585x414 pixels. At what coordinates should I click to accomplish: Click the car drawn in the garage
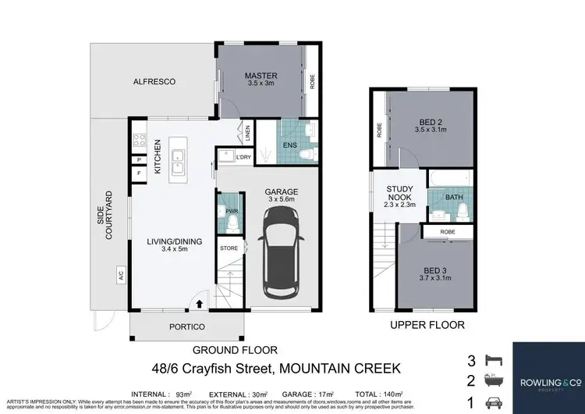(x=280, y=260)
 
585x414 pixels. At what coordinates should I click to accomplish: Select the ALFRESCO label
(x=152, y=81)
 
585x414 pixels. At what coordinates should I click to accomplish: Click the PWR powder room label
(x=231, y=211)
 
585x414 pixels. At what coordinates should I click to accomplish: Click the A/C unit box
(x=121, y=275)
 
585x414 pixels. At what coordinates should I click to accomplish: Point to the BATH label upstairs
(x=453, y=198)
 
